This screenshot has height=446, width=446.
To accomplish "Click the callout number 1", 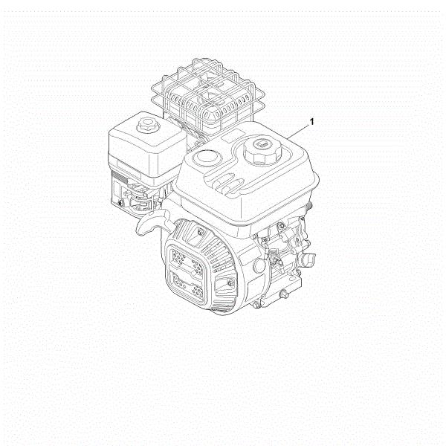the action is pyautogui.click(x=311, y=122).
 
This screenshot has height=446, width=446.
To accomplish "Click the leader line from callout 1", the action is pyautogui.click(x=298, y=132).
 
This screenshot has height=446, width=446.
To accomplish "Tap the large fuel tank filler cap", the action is pyautogui.click(x=262, y=149).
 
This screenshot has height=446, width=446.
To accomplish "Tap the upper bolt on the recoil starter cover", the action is pyautogui.click(x=201, y=232).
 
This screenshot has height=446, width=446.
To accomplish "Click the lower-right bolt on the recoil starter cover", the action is pyautogui.click(x=230, y=282).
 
